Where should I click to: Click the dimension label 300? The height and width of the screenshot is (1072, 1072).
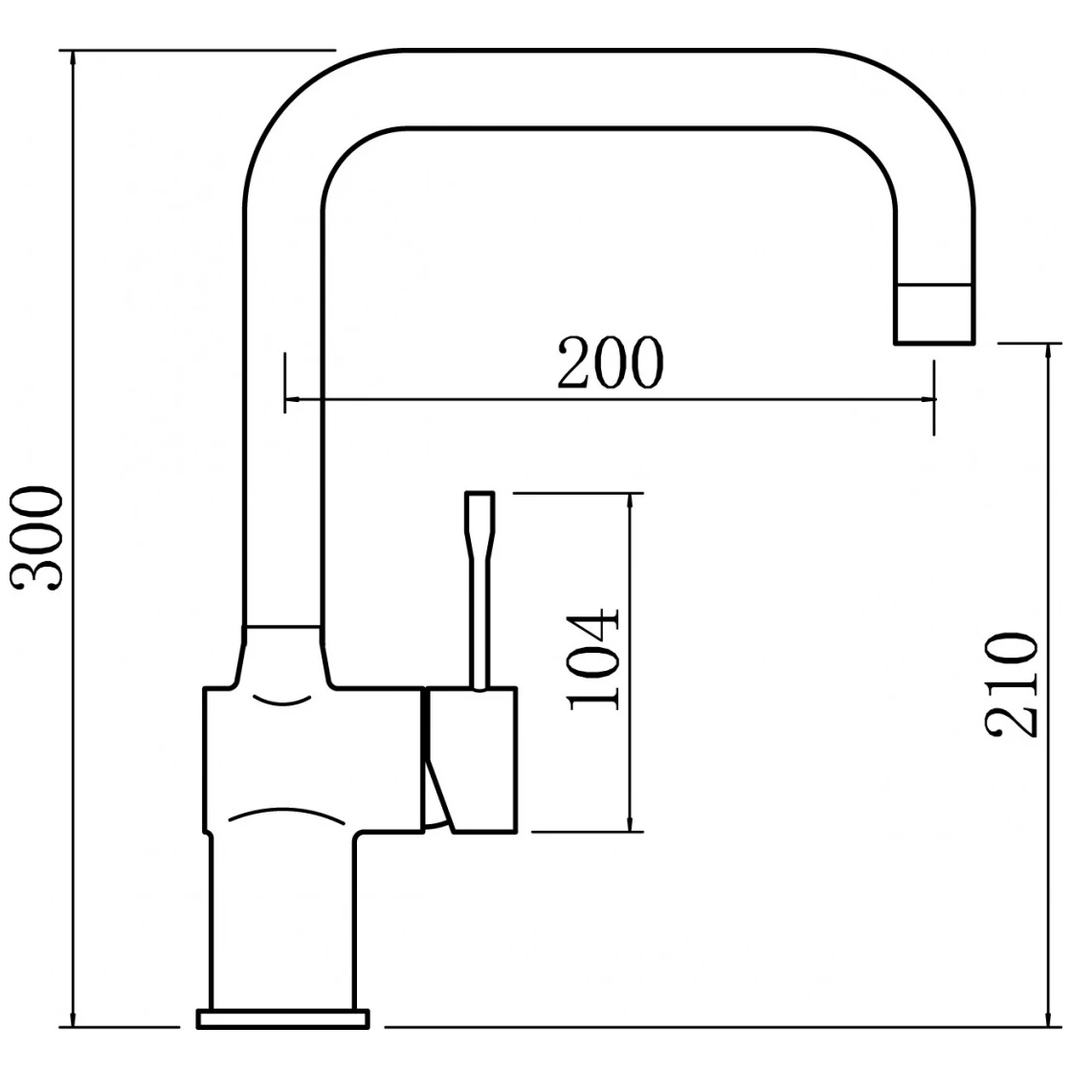coord(37,537)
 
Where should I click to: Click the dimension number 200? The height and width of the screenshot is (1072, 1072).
coord(610,363)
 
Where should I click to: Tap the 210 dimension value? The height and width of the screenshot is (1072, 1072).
coord(1011,685)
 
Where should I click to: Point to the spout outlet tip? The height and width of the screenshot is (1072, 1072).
coord(934,342)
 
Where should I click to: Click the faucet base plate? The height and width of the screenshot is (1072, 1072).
coord(283,1018)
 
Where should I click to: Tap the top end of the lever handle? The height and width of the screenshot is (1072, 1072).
coord(480,493)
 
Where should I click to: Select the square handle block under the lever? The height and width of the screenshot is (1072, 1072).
coord(470,760)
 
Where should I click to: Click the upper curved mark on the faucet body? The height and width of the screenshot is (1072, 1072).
coord(282,700)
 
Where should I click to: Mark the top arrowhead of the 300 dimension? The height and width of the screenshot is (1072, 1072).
coord(73,58)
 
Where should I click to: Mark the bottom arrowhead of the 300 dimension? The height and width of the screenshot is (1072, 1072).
coord(73,1017)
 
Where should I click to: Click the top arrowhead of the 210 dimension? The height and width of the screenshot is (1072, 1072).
coord(1048,353)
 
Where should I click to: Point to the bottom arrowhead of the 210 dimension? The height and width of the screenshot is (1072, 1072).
coord(1048,1017)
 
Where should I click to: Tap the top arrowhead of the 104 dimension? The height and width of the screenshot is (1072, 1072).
coord(631,502)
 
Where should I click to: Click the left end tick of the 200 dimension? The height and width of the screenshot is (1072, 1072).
coord(285,382)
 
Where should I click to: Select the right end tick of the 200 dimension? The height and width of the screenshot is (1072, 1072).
coord(934,397)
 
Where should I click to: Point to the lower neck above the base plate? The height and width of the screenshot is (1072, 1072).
coord(281,922)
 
